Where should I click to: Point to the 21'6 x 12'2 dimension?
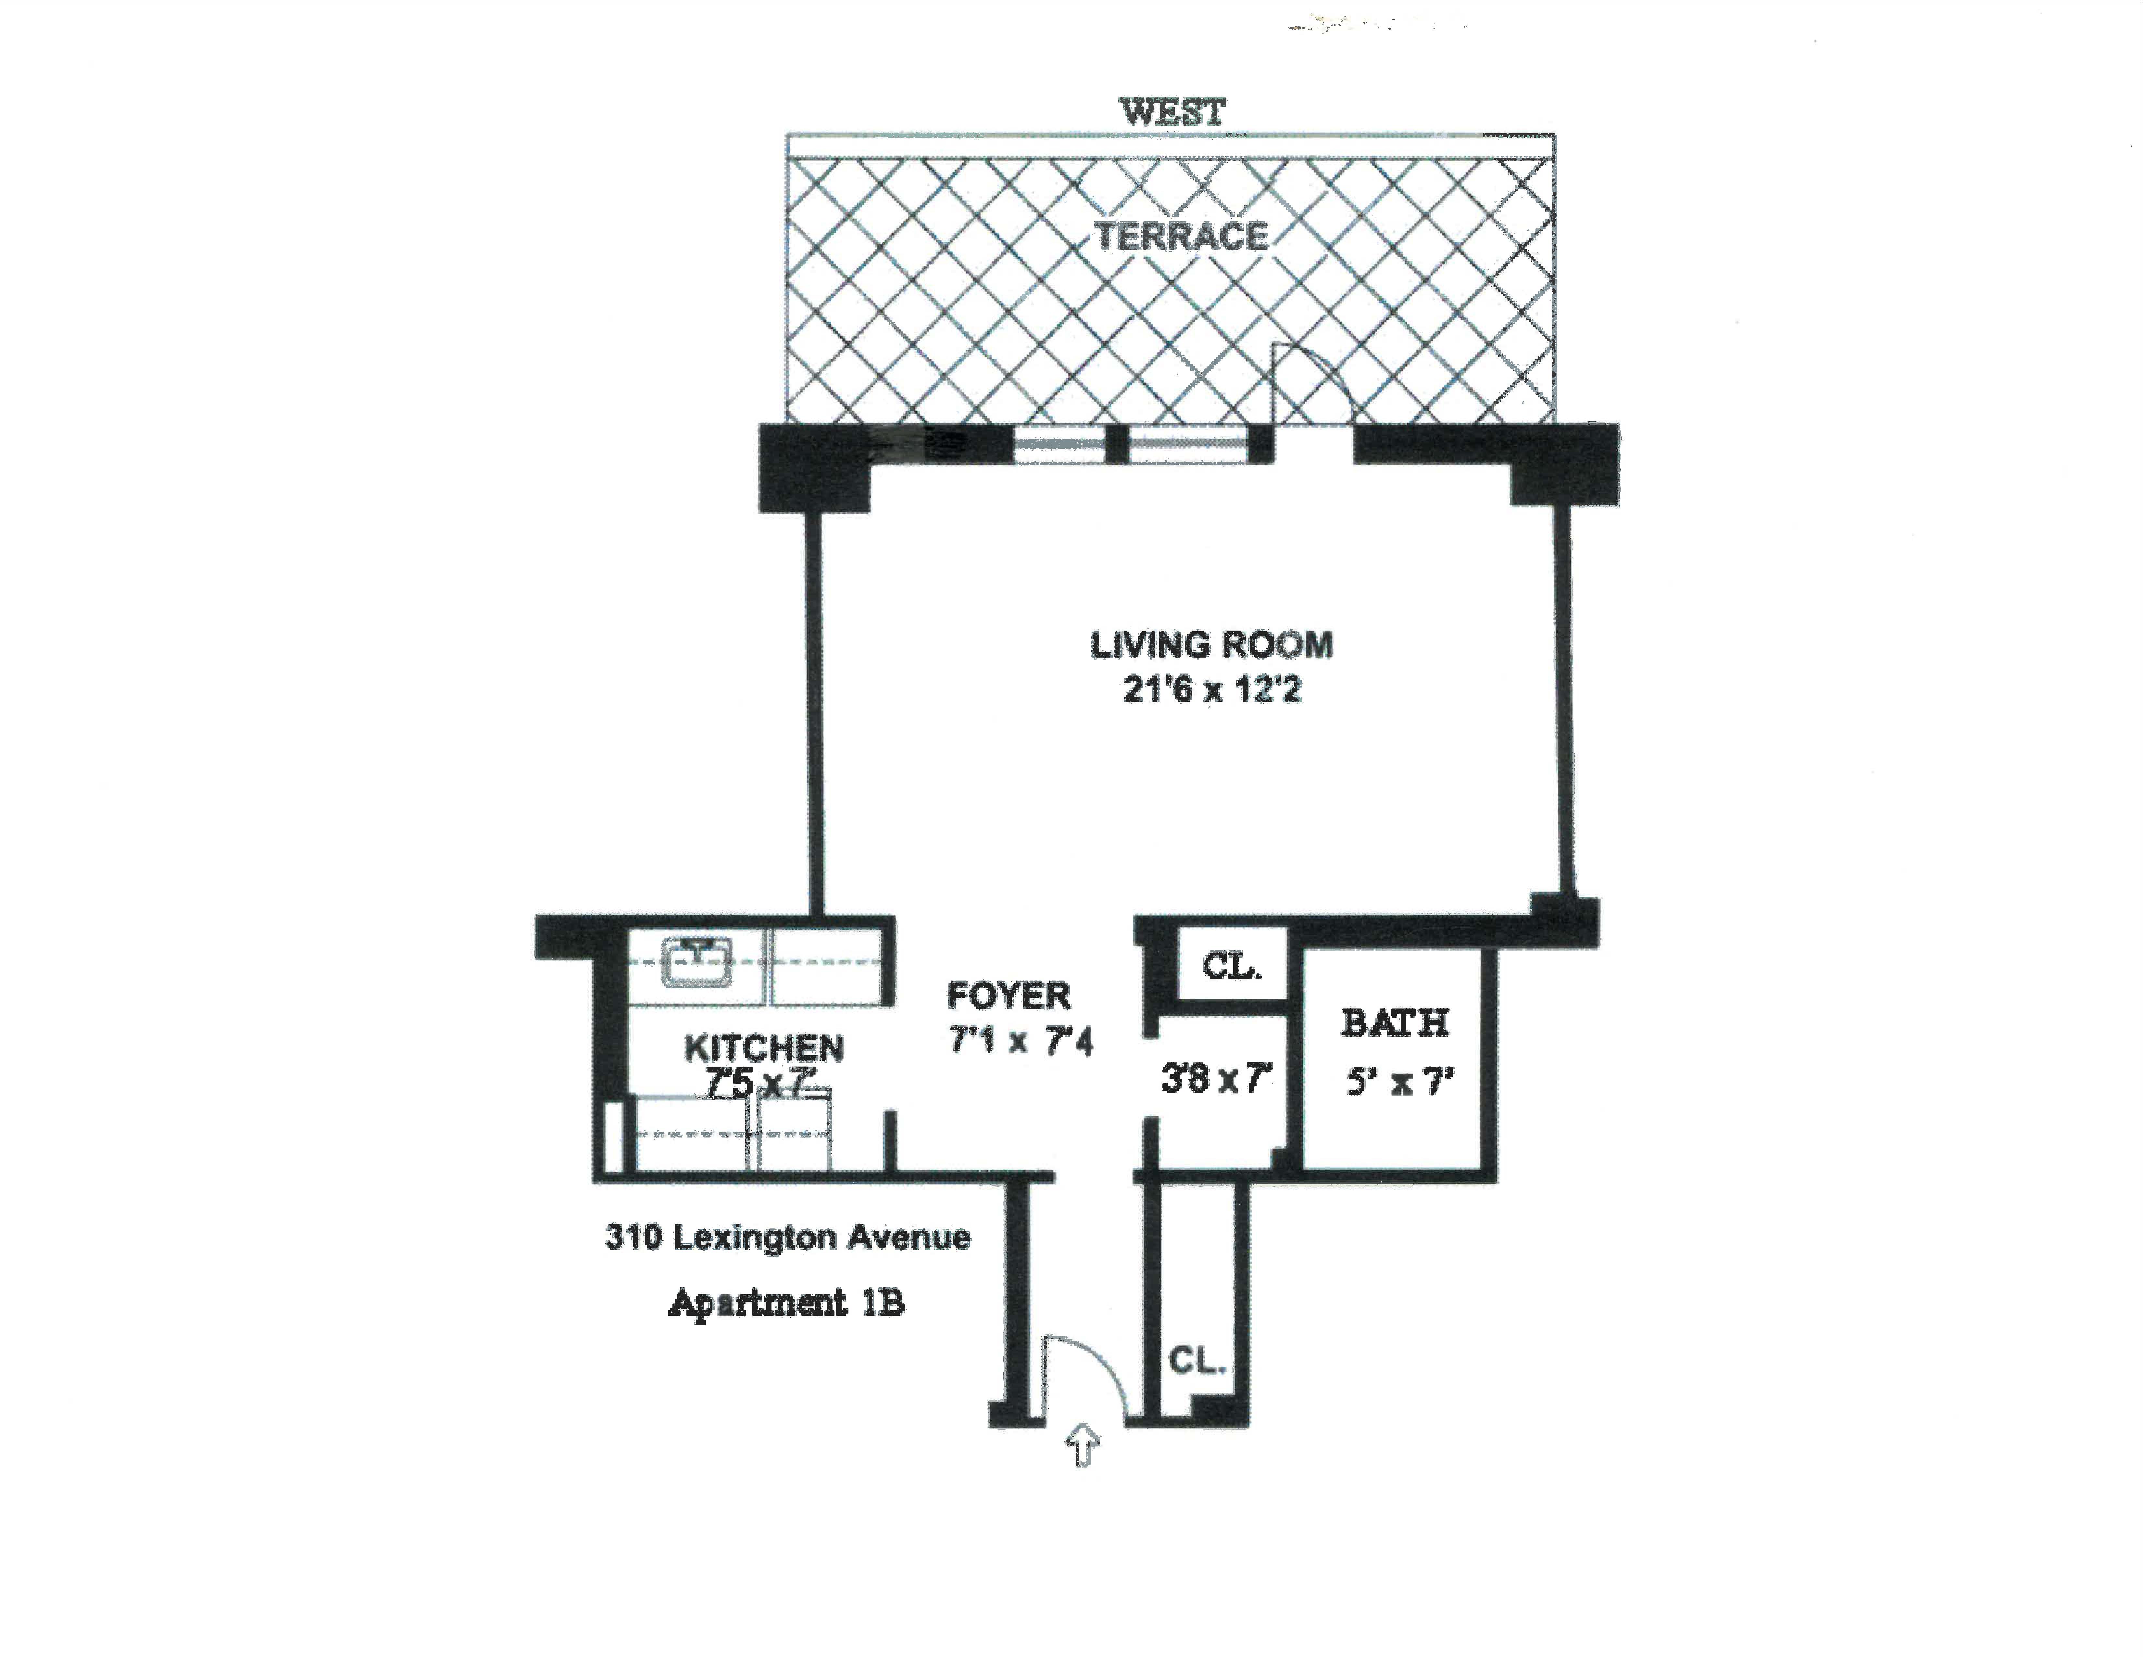click(1212, 690)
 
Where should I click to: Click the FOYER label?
click(1009, 996)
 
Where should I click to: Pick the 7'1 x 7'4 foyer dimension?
click(1021, 1041)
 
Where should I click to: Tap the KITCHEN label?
click(763, 1048)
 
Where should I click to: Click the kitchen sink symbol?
click(697, 962)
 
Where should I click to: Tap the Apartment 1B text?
click(786, 1304)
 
